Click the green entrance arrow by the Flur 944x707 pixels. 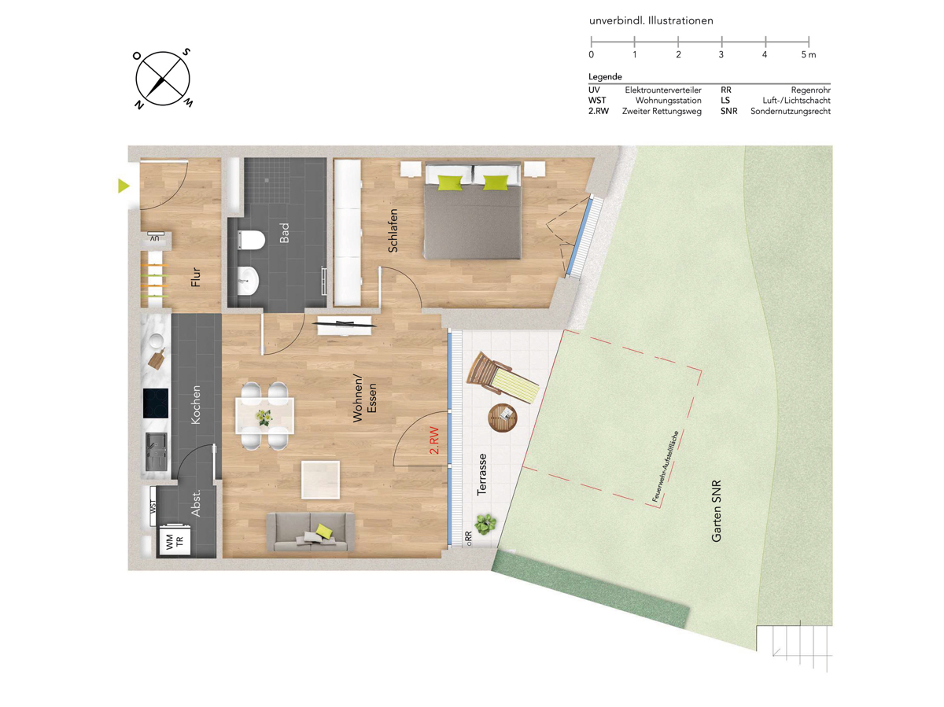pos(124,186)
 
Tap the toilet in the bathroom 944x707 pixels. pos(251,240)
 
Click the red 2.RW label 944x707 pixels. pos(434,440)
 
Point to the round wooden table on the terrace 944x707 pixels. pos(503,418)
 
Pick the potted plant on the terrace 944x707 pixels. pos(485,524)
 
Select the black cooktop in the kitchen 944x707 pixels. pos(156,403)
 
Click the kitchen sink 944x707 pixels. pos(156,451)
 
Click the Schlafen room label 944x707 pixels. pos(393,230)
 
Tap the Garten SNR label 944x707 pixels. pos(716,511)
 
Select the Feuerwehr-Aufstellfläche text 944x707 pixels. pos(666,466)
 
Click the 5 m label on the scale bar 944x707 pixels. pos(808,54)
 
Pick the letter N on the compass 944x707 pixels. pos(139,105)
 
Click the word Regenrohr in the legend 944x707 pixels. pos(811,90)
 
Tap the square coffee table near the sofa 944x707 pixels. pos(320,480)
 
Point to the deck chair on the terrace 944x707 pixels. pos(503,377)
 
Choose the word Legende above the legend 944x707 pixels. pos(605,77)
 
